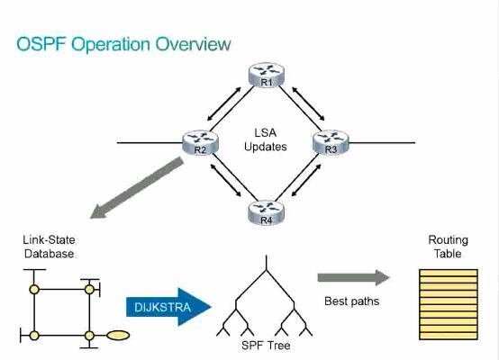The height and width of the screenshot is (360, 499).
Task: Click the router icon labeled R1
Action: (x=266, y=76)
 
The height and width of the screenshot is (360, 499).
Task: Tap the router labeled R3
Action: (x=330, y=142)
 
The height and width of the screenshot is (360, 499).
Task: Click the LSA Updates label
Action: (x=265, y=139)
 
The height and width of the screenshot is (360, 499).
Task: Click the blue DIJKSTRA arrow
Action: (x=168, y=307)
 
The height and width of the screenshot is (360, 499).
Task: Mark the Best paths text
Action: (x=352, y=301)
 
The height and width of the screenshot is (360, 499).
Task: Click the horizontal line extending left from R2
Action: (x=149, y=143)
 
